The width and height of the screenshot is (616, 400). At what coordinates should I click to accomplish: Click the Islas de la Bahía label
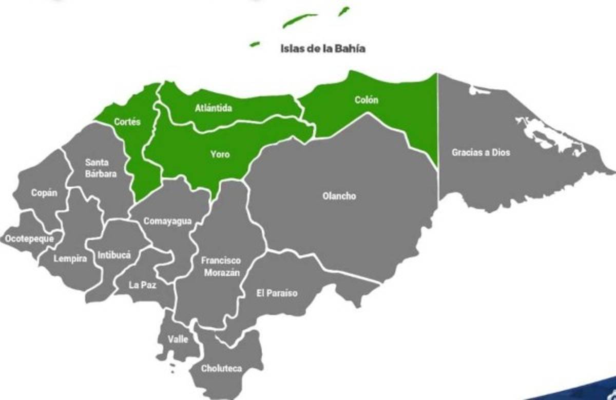[x=323, y=49]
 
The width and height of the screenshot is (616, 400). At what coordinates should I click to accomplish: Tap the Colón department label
[x=366, y=100]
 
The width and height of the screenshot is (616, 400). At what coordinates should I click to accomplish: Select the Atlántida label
[x=214, y=109]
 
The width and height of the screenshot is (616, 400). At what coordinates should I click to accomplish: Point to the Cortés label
[x=127, y=122]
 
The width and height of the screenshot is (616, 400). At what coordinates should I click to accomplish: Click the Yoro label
[x=220, y=154]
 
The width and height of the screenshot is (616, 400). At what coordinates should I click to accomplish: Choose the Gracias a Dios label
[x=481, y=152]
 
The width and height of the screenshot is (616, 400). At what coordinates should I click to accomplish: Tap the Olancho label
[x=339, y=196]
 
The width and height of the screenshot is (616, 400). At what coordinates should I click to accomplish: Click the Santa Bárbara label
[x=101, y=168]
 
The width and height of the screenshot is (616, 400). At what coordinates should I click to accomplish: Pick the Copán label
[x=44, y=193]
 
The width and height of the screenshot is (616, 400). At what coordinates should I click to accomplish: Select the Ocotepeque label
[x=29, y=238]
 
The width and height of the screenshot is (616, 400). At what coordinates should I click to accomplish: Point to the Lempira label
[x=70, y=259]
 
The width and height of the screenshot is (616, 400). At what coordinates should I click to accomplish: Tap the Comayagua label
[x=167, y=222]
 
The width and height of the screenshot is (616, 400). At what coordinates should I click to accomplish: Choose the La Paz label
[x=142, y=285]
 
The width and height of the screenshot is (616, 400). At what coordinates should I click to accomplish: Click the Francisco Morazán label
[x=221, y=267]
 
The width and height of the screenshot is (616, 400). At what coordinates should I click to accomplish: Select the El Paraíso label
[x=277, y=293]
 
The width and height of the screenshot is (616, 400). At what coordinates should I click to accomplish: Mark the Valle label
[x=178, y=339]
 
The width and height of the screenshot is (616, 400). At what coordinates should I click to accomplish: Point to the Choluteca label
[x=221, y=368]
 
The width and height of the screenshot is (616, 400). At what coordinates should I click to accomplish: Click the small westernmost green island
[x=254, y=45]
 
